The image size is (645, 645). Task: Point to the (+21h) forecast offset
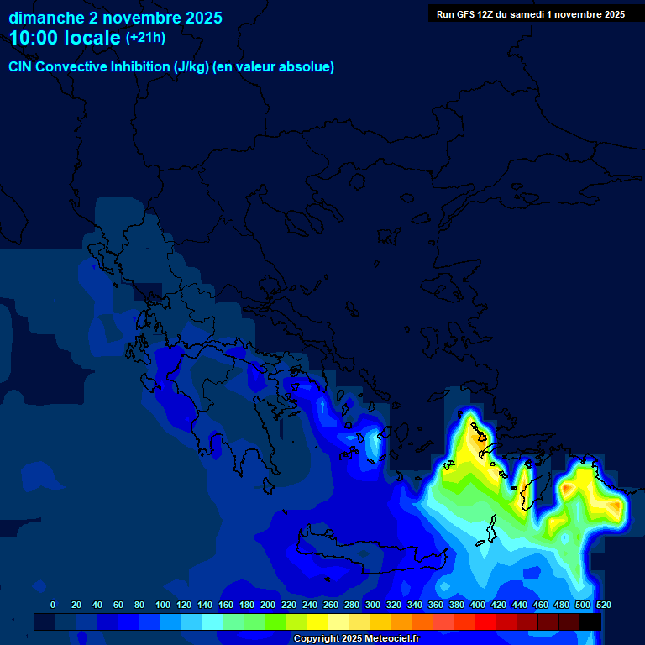[x=145, y=38]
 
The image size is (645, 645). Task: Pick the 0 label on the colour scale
[x=53, y=606]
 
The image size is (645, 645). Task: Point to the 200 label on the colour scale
[x=268, y=606]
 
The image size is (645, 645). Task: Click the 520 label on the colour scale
[x=603, y=606]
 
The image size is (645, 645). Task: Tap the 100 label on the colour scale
[x=163, y=606]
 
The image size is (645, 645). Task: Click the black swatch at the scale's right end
[x=590, y=621]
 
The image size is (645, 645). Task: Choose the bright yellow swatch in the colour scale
[x=317, y=621]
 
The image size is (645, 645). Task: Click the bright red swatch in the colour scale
[x=485, y=621]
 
